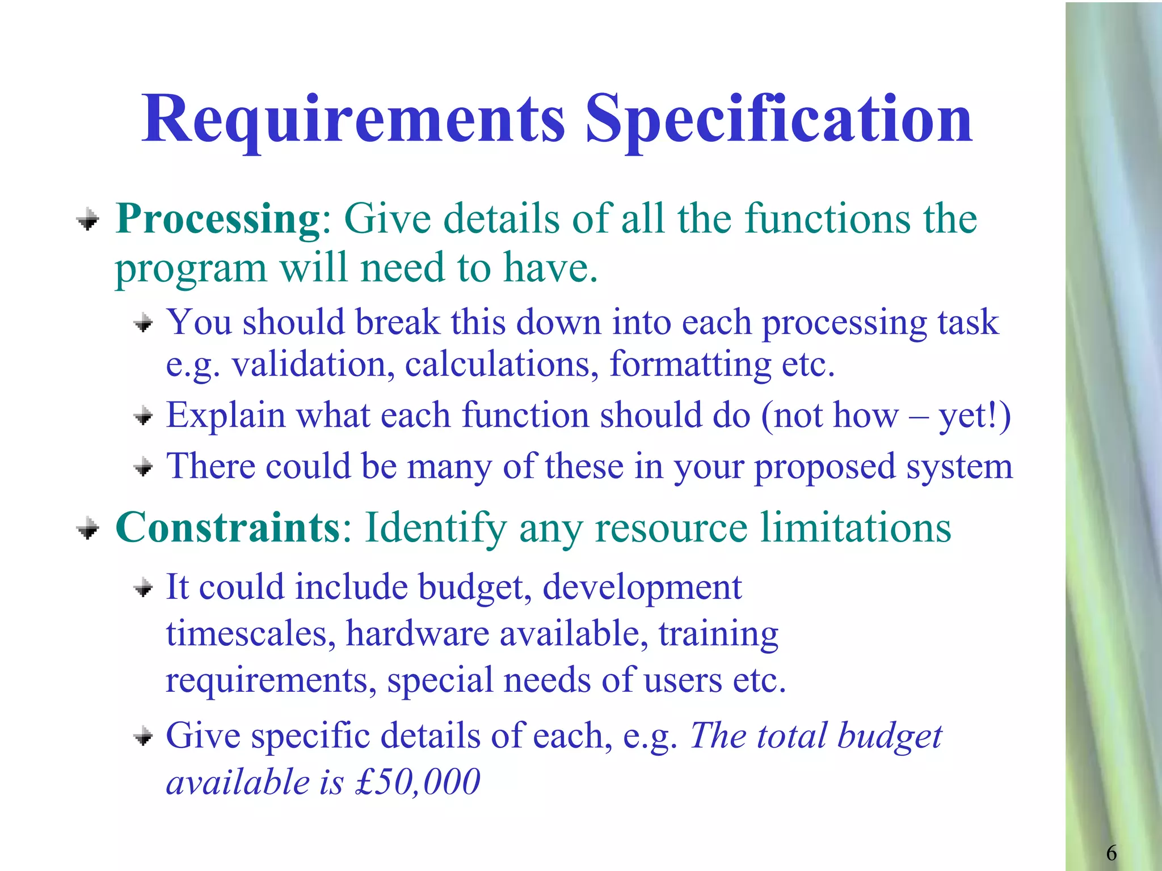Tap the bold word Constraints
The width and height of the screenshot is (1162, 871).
click(228, 527)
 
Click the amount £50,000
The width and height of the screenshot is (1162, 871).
click(418, 781)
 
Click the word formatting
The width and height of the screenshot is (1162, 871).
click(690, 365)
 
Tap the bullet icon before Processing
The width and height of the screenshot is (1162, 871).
click(88, 220)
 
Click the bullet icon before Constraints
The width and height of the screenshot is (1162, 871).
click(88, 530)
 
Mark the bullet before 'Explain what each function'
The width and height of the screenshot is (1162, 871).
click(144, 417)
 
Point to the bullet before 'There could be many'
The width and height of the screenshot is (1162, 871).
click(144, 468)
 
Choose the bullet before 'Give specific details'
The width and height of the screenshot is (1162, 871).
click(144, 737)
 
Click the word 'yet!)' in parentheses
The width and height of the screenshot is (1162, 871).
click(975, 416)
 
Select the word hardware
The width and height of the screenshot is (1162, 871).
click(418, 633)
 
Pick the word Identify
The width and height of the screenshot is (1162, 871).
click(435, 528)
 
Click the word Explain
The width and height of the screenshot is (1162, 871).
click(225, 416)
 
